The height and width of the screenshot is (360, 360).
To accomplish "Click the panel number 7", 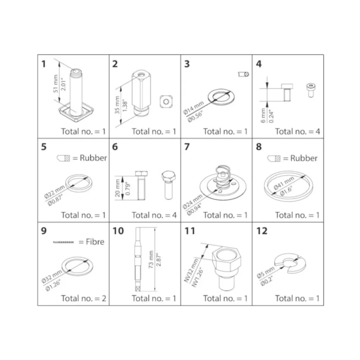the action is pos(187,147).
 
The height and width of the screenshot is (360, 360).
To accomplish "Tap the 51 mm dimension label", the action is pos(56,84).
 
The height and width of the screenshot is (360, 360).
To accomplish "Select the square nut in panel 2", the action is pos(166,102).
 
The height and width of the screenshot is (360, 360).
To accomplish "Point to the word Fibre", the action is pos(95,242).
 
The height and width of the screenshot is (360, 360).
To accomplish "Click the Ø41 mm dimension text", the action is pos(284,183).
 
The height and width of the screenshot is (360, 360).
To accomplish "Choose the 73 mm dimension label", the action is pos(151,259).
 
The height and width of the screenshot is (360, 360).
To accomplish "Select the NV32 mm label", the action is pos(191,270).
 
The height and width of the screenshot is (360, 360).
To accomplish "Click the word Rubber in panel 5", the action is pos(93,158).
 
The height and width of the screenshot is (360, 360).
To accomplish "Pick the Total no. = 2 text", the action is pos(84,298).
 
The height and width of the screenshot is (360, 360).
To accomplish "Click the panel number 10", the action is pos(118,231).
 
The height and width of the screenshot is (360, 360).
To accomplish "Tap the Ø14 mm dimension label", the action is pos(193,108).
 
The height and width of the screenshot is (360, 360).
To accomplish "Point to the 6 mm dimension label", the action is pos(263,115).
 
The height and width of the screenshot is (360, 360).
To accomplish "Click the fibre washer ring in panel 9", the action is pos(78,266).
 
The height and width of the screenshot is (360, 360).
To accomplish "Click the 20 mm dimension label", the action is pos(117,188).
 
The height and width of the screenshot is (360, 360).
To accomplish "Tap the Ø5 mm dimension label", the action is pos(266,272).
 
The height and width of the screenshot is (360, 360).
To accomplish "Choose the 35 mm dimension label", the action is pos(117,105).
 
